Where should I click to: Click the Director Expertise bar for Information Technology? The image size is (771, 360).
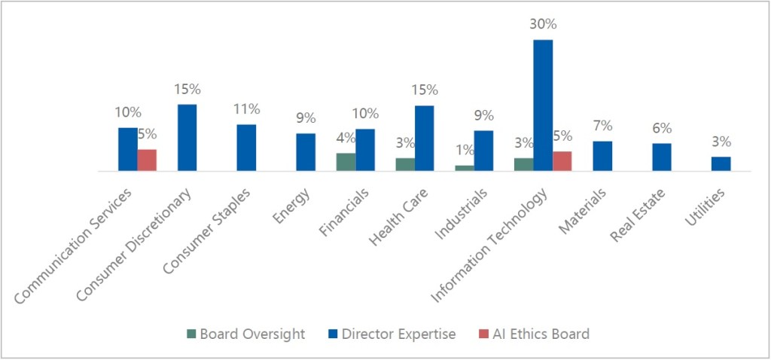(x=543, y=105)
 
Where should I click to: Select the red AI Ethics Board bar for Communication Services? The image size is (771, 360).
(x=147, y=160)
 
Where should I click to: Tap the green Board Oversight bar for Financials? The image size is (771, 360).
(x=346, y=163)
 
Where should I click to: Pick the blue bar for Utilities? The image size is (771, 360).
(x=721, y=164)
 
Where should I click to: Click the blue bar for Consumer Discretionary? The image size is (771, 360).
(x=187, y=138)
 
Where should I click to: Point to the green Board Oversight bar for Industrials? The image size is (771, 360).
(x=465, y=168)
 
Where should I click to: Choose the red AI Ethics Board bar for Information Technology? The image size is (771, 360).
(x=562, y=161)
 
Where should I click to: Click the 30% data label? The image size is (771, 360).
(x=543, y=24)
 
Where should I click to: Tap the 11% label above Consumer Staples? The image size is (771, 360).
(x=245, y=109)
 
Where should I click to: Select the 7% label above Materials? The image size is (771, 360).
(x=602, y=126)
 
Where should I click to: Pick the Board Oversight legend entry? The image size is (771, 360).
(x=245, y=334)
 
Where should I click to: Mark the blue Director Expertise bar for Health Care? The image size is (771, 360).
(x=424, y=139)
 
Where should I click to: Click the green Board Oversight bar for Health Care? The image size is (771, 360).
(x=405, y=165)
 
